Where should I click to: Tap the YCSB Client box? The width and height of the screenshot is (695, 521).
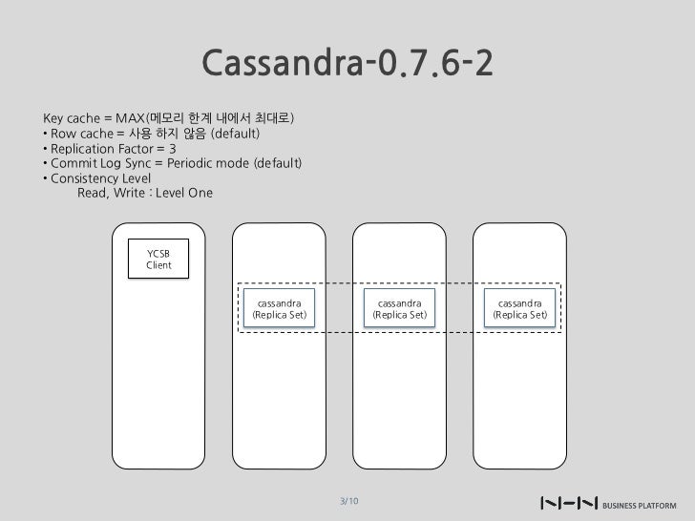click(159, 258)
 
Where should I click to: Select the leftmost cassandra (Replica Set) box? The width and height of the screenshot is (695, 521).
click(279, 308)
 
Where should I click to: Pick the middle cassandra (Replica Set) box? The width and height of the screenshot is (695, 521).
click(399, 308)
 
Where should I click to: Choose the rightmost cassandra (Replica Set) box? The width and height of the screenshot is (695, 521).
click(519, 308)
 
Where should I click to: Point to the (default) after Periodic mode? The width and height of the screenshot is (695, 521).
click(278, 164)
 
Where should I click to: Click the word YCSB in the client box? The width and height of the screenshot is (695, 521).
click(159, 252)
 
